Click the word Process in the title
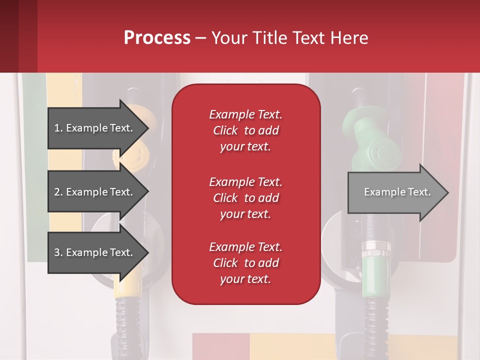click(x=157, y=38)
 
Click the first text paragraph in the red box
click(x=245, y=130)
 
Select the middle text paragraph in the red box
click(x=245, y=198)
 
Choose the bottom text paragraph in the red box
click(x=245, y=263)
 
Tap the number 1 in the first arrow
click(x=56, y=128)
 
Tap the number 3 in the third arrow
click(x=56, y=252)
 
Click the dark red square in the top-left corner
click(x=18, y=36)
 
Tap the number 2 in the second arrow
click(x=56, y=192)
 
